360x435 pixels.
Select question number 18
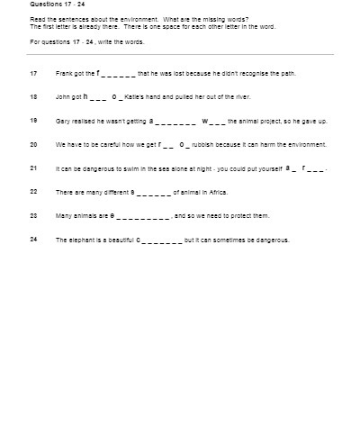(x=33, y=95)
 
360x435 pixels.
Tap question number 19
(x=33, y=120)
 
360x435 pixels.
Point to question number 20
(x=33, y=144)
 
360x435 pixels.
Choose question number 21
(x=33, y=168)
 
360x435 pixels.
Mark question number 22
(x=33, y=192)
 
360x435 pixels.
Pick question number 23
(x=33, y=216)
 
